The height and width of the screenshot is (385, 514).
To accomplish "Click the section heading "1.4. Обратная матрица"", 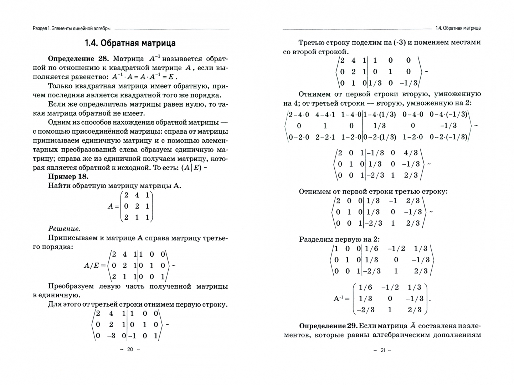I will pos(130,43).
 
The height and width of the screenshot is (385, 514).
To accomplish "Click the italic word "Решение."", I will pos(64,229).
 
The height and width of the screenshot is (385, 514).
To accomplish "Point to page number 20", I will pos(130,349).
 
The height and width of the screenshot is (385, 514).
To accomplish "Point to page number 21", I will pos(383,350).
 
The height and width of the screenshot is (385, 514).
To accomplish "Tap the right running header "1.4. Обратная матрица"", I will pos(458,28).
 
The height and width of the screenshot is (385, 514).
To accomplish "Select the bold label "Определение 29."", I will pos(328,326).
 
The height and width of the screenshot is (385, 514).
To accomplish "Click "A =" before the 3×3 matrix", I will pos(113,206).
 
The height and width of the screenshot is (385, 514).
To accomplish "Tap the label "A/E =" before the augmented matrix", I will pos(94,265).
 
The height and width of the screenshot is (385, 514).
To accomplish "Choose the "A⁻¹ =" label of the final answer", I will pos(341,299).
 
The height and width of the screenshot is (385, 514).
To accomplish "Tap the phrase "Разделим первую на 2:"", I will pos(339,239).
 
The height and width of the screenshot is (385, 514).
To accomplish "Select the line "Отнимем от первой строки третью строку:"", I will pos(373,191).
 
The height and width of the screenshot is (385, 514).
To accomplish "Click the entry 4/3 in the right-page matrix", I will pos(411,153).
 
